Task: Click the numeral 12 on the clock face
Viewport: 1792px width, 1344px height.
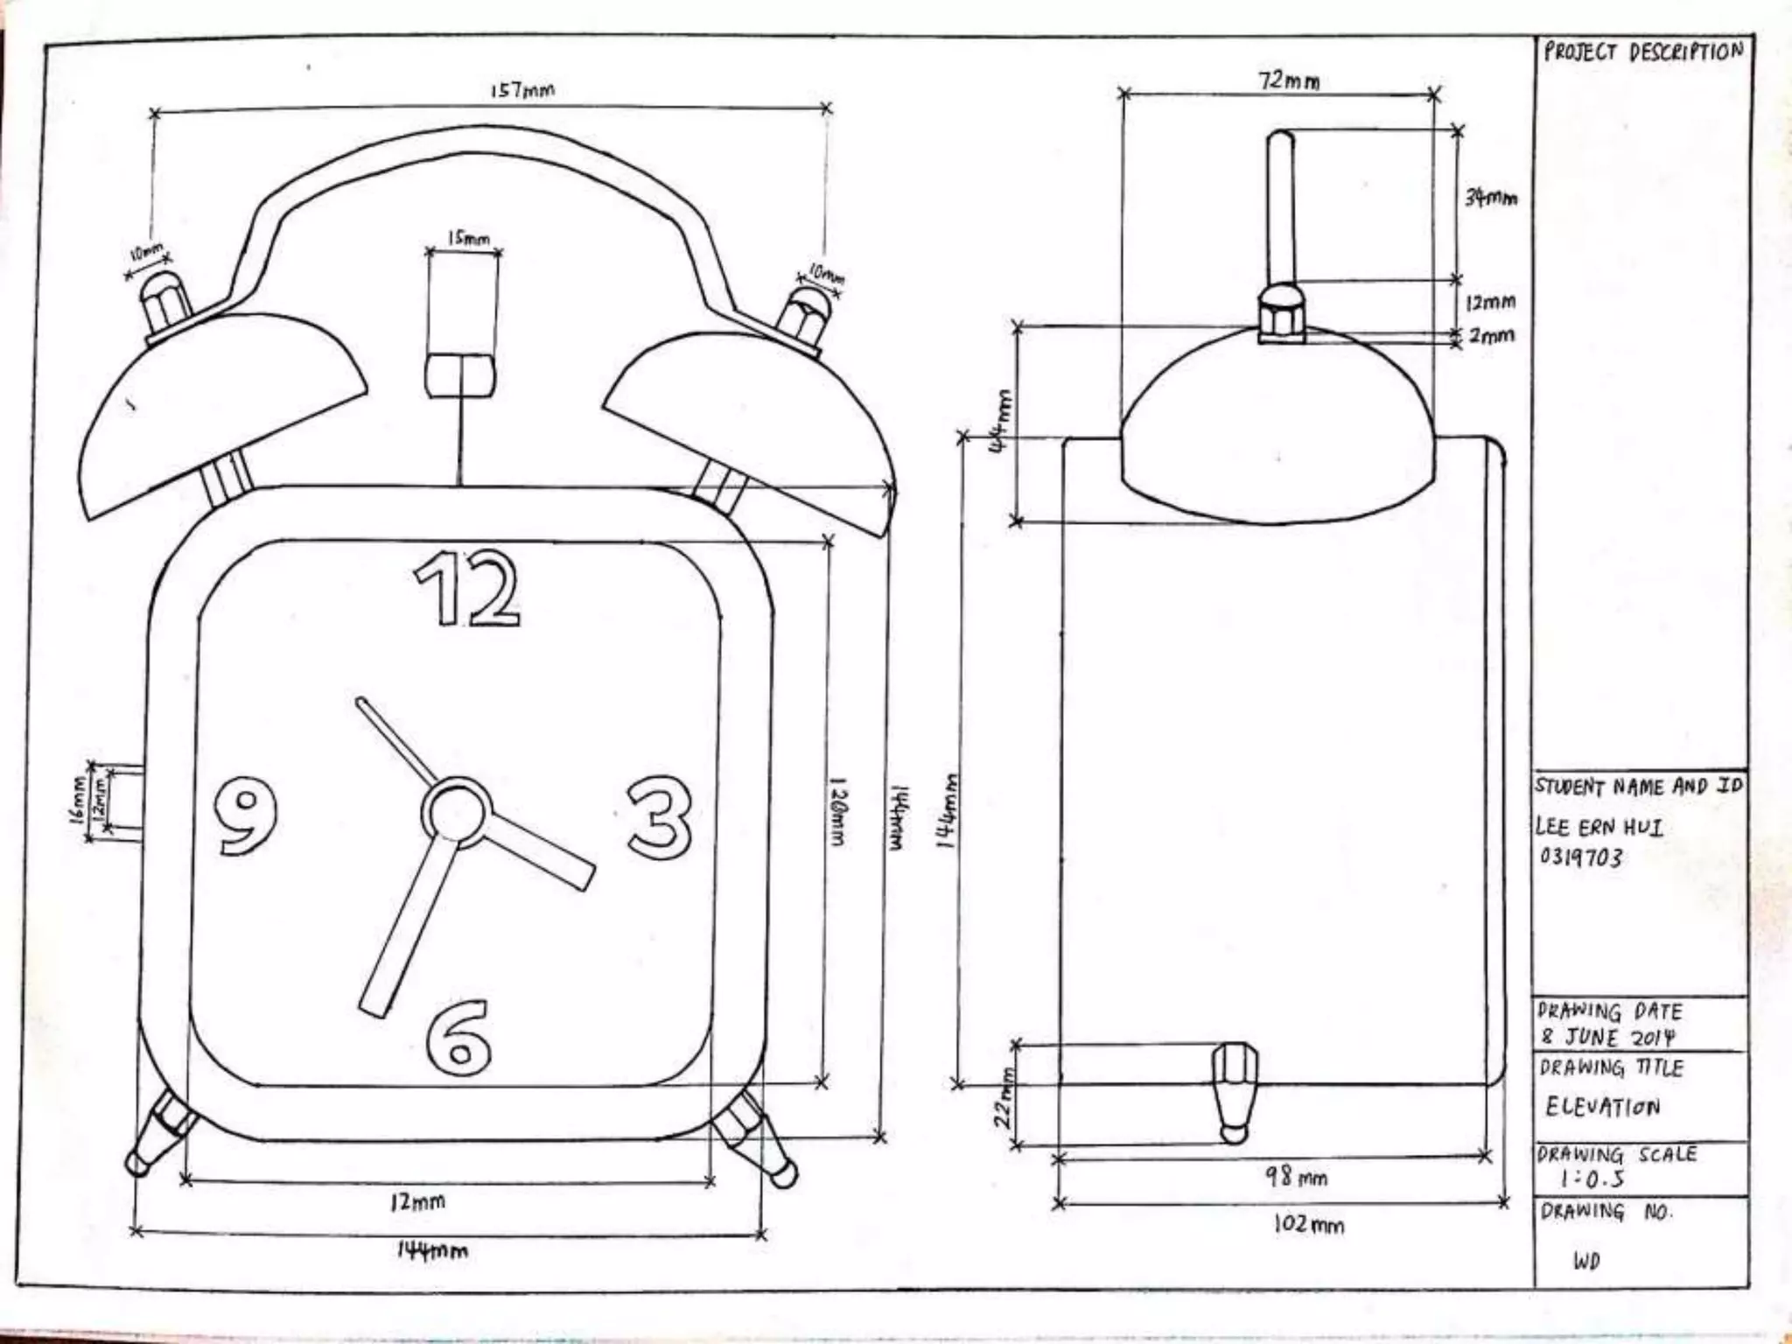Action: [468, 588]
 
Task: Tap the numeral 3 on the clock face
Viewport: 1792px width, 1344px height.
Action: [661, 818]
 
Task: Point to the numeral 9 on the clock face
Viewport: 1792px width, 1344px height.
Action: [246, 815]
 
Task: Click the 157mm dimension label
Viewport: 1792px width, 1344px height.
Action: [521, 90]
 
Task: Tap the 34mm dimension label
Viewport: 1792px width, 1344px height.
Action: [1491, 199]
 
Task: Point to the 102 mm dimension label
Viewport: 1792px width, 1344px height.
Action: [1308, 1224]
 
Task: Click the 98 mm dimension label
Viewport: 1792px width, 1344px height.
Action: [1295, 1178]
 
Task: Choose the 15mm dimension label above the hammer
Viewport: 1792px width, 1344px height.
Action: [469, 238]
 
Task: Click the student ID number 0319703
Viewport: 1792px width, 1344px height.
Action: [1580, 857]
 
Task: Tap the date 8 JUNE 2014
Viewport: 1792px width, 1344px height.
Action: [1607, 1038]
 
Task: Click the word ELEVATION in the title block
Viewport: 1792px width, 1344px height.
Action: [1600, 1108]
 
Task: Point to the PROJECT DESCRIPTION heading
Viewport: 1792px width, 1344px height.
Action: [1642, 52]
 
